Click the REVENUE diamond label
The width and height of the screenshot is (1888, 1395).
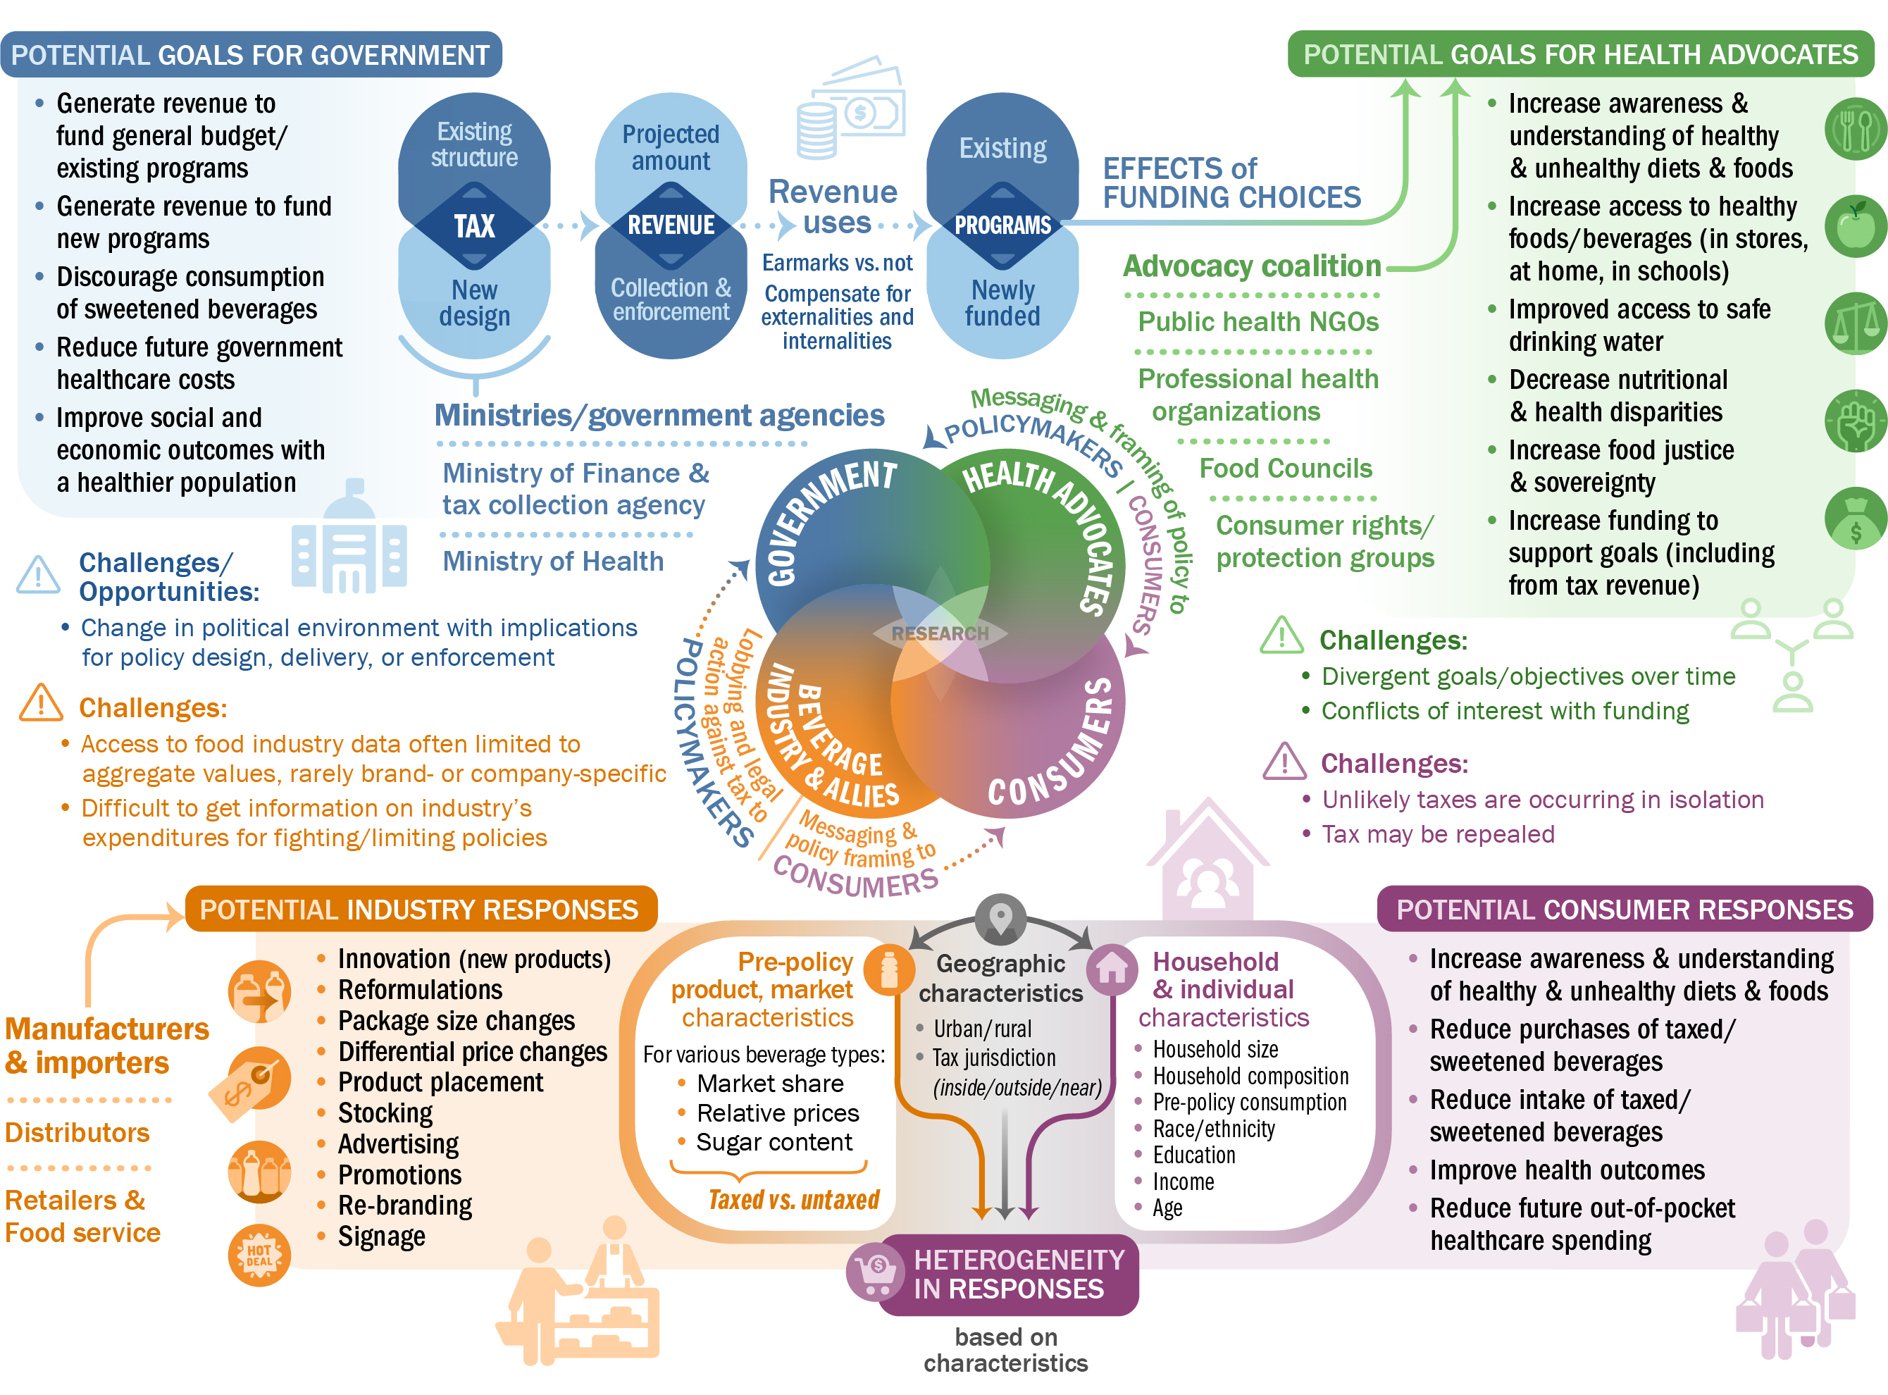[x=671, y=225]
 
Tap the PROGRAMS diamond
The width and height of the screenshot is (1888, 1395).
[x=1002, y=225]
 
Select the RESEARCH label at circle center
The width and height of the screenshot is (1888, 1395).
[x=940, y=633]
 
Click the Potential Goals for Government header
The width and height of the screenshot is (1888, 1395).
[x=251, y=55]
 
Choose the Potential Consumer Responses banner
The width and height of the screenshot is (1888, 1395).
[x=1624, y=910]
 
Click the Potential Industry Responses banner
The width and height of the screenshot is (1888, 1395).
[x=420, y=910]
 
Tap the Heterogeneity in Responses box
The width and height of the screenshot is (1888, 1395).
[x=1008, y=1275]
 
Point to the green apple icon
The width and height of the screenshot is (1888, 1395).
[x=1854, y=226]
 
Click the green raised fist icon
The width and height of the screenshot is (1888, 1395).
[x=1854, y=421]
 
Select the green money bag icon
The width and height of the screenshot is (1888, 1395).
[x=1854, y=519]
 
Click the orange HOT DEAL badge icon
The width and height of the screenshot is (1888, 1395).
[x=259, y=1255]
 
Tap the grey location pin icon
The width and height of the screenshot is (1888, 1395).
[x=1000, y=919]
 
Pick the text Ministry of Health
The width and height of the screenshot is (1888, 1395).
[x=553, y=562]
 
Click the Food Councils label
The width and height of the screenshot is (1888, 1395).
[x=1285, y=469]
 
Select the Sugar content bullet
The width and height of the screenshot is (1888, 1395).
[x=774, y=1143]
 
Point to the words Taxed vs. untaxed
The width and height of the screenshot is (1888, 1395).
[x=794, y=1200]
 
